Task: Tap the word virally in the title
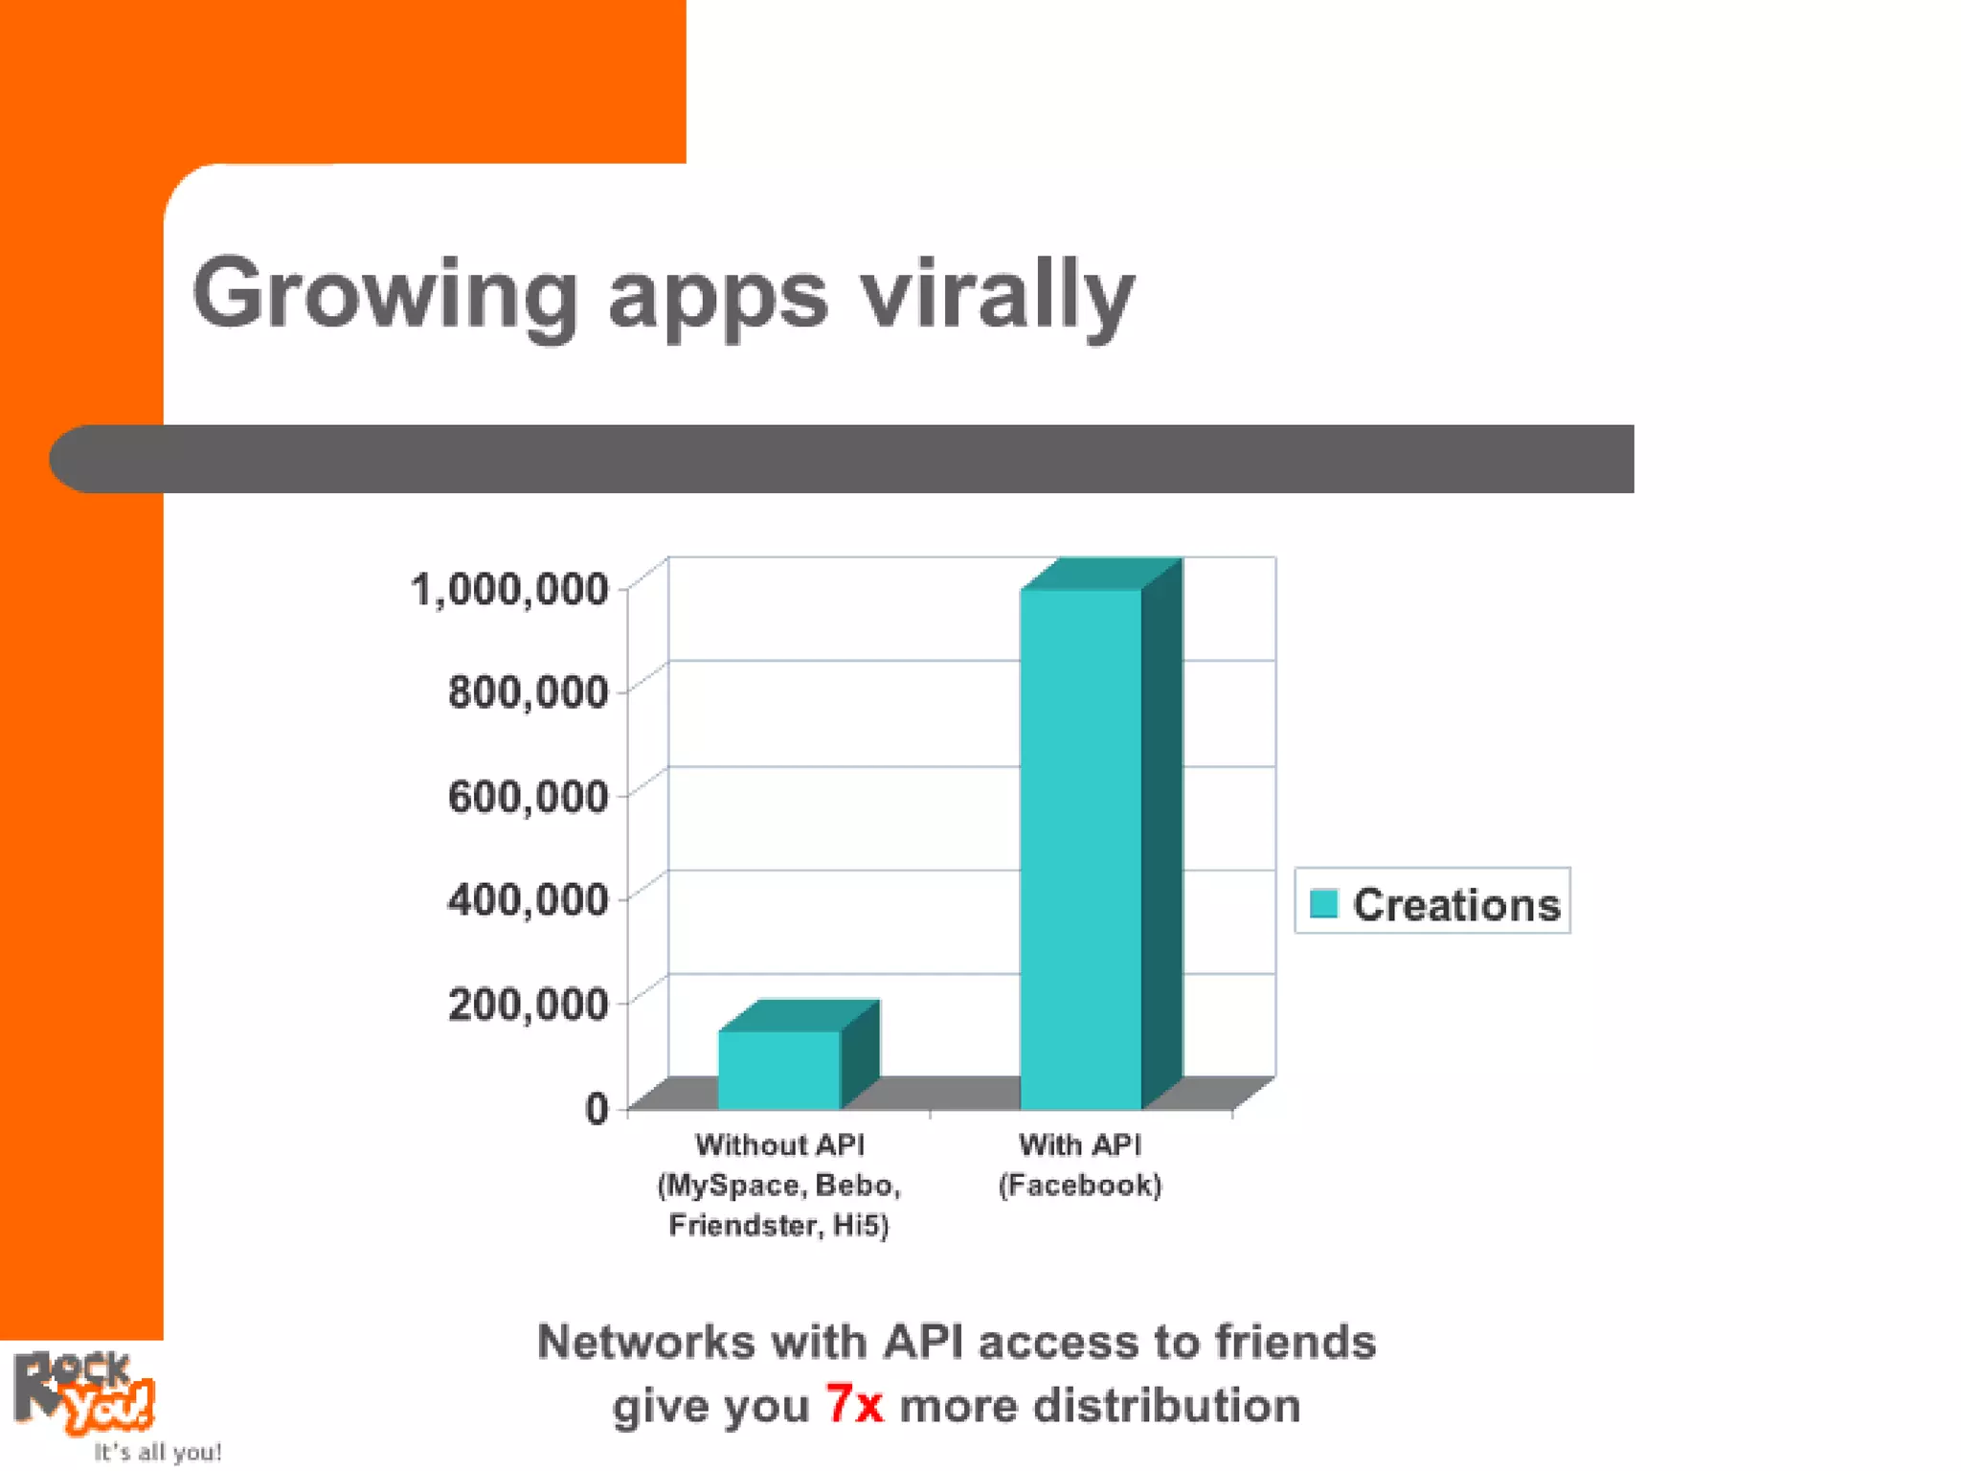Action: [x=996, y=295]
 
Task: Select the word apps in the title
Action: [x=718, y=297]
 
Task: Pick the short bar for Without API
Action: [x=779, y=1069]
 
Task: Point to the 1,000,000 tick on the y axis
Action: [x=509, y=589]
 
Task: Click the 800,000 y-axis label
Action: [x=528, y=691]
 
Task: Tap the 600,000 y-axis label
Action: [x=528, y=796]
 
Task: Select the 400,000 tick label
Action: [x=528, y=899]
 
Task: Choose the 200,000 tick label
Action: [x=528, y=1004]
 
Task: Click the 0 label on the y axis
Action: [x=597, y=1108]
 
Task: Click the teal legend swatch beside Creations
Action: [x=1323, y=903]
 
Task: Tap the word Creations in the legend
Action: [x=1456, y=905]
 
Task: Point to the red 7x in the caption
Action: [x=855, y=1405]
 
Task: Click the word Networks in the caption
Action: [x=645, y=1342]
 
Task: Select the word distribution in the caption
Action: [x=1166, y=1405]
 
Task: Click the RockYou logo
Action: [x=84, y=1392]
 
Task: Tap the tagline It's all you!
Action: [x=158, y=1452]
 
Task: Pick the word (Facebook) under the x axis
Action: [x=1080, y=1186]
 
